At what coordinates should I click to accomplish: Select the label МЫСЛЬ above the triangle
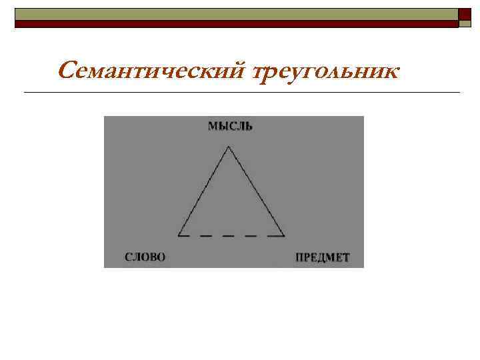coord(230,126)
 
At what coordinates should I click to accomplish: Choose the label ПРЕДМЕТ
coord(322,257)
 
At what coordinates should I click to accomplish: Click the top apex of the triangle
coord(229,147)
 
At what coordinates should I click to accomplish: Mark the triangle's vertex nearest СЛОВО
coord(179,235)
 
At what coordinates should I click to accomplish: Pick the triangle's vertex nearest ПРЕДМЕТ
coord(284,235)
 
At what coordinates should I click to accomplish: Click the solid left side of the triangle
coord(204,191)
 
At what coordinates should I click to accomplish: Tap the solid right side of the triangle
coord(257,191)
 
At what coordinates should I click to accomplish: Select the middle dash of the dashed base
coord(229,235)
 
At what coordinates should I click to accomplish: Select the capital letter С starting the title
coord(65,69)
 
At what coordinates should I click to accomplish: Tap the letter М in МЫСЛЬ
coord(212,126)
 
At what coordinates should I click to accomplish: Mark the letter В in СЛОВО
coord(152,257)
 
